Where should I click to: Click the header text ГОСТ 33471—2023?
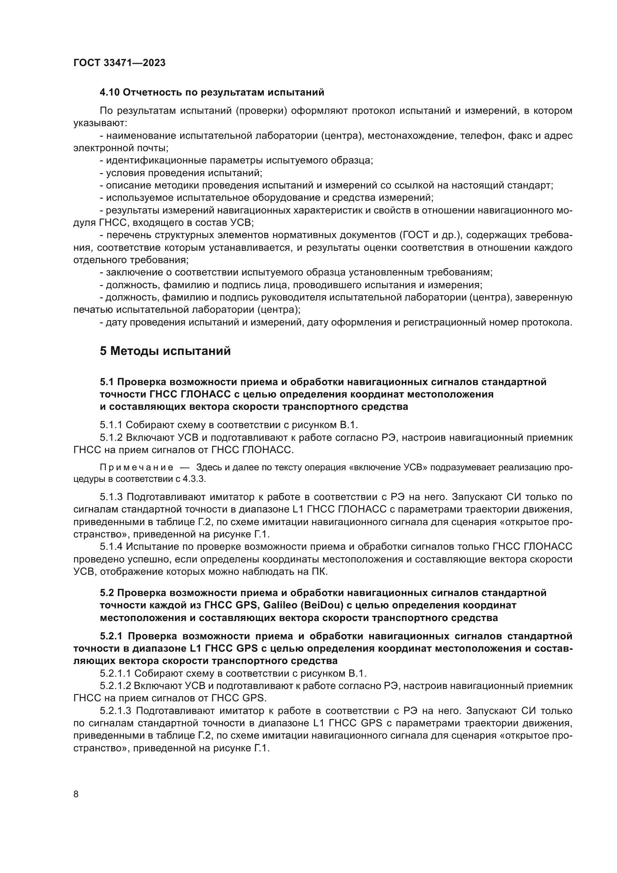tap(119, 63)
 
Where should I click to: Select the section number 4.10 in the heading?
tap(110, 93)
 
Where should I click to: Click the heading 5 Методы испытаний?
tap(165, 350)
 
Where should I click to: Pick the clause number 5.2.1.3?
tap(116, 711)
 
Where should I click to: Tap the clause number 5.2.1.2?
tap(116, 686)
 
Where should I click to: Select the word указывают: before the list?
tap(100, 123)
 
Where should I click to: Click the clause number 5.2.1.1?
tap(116, 674)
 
